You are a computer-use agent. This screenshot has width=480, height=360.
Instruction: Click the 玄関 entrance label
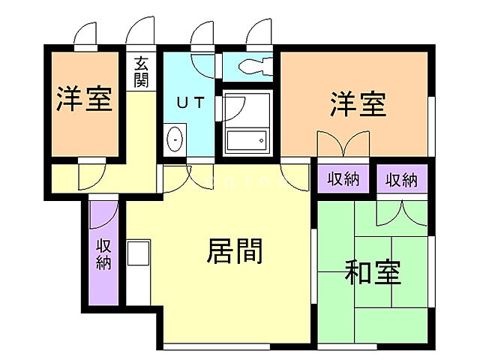click(x=142, y=71)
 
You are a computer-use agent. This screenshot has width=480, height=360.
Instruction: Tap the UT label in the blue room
click(x=190, y=103)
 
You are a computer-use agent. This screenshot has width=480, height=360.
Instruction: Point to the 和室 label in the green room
click(x=373, y=271)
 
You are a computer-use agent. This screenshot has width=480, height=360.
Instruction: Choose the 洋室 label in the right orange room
click(x=358, y=104)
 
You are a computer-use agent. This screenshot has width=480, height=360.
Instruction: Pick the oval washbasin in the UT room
click(x=174, y=139)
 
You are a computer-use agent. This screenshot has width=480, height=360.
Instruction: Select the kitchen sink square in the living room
click(x=139, y=253)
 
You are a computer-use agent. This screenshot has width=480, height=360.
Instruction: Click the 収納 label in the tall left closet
click(x=103, y=253)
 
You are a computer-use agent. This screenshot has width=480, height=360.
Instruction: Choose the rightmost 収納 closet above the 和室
click(x=401, y=179)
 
